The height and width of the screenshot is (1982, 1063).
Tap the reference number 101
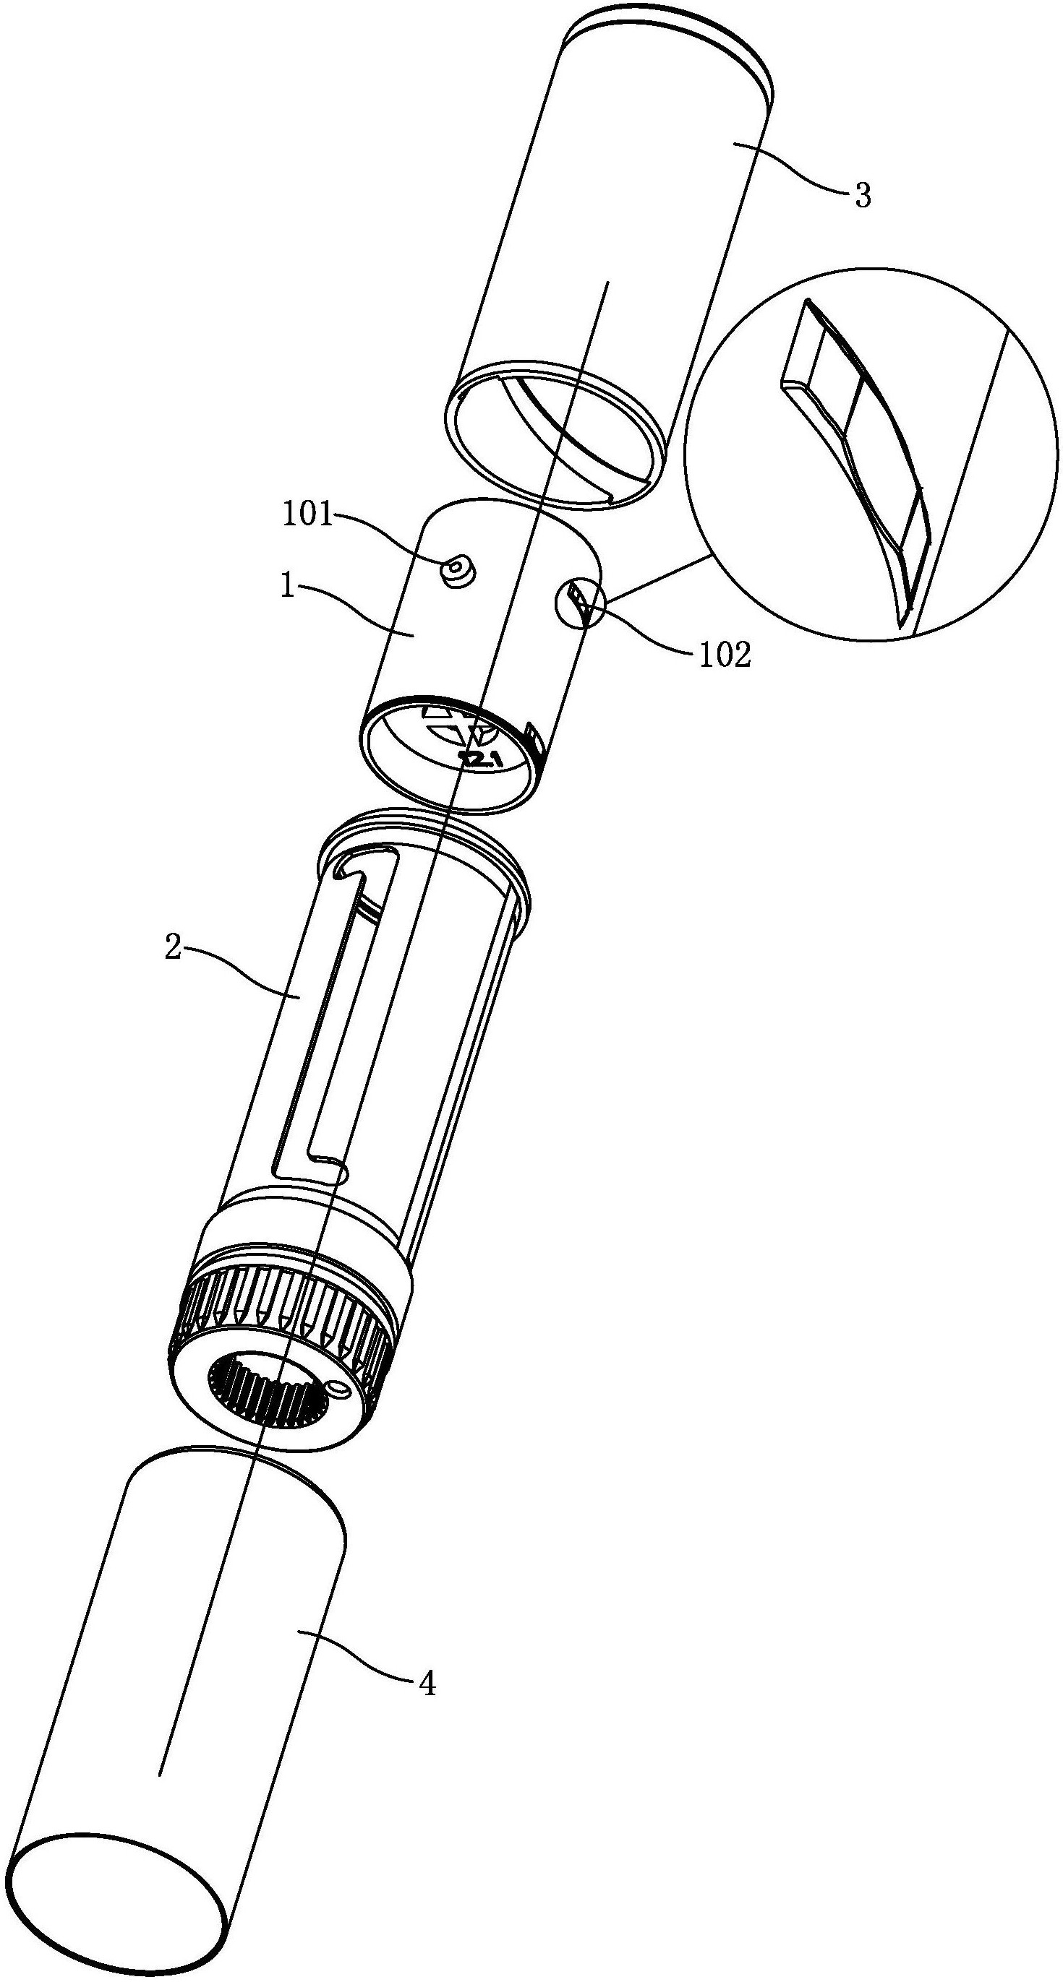coord(307,514)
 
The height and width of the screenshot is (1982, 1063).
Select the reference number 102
coord(725,655)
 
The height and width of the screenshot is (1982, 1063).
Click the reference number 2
coord(174,948)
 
